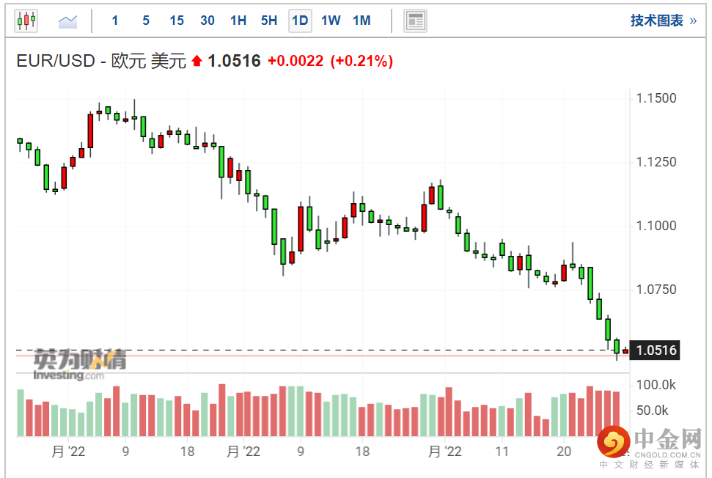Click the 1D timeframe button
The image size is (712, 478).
pyautogui.click(x=300, y=21)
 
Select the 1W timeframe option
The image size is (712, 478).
pyautogui.click(x=331, y=21)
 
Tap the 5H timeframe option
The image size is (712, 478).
pyautogui.click(x=269, y=21)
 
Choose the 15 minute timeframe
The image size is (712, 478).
pyautogui.click(x=177, y=21)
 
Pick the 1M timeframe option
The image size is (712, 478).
pyautogui.click(x=361, y=21)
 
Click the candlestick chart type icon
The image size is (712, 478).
pyautogui.click(x=26, y=21)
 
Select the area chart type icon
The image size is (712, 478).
pyautogui.click(x=67, y=21)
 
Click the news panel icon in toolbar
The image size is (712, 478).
pyautogui.click(x=415, y=21)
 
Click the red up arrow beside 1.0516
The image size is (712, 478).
pyautogui.click(x=197, y=60)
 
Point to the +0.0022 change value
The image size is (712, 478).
pyautogui.click(x=296, y=61)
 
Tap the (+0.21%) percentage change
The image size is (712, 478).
pyautogui.click(x=361, y=61)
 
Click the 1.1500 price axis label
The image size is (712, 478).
pyautogui.click(x=656, y=98)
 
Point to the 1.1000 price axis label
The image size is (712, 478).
pyautogui.click(x=656, y=226)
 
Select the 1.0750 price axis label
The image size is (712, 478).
pyautogui.click(x=656, y=289)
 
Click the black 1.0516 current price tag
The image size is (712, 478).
pyautogui.click(x=655, y=350)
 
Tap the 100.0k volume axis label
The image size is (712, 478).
pyautogui.click(x=656, y=385)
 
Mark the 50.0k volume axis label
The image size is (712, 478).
pyautogui.click(x=652, y=411)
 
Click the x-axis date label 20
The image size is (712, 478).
pyautogui.click(x=564, y=451)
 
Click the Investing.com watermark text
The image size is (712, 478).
pyautogui.click(x=69, y=375)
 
